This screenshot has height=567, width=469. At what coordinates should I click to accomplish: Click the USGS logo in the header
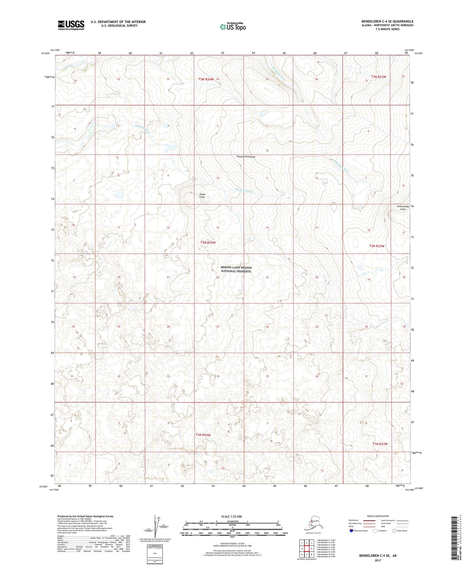pos(71,25)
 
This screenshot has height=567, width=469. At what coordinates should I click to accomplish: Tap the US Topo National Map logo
pos(232,26)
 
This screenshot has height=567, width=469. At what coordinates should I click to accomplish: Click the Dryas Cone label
pos(202,196)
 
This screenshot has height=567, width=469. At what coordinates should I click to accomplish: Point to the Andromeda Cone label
pos(402,208)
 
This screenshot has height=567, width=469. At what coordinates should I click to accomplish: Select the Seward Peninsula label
pos(246,157)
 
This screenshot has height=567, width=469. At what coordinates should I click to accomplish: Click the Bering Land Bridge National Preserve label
pos(236,269)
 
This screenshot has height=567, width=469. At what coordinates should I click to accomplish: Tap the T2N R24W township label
pos(208,243)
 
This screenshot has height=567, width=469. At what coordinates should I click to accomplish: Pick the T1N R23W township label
pos(380,444)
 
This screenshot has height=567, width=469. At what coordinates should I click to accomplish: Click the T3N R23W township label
pos(379,77)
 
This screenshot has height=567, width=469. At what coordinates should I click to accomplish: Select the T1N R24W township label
pos(203,435)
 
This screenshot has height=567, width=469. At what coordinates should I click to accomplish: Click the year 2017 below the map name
pos(377,560)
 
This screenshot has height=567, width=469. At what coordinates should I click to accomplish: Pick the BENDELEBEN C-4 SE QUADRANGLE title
pos(387,21)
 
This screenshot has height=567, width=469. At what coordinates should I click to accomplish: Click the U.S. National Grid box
pos(155,554)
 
